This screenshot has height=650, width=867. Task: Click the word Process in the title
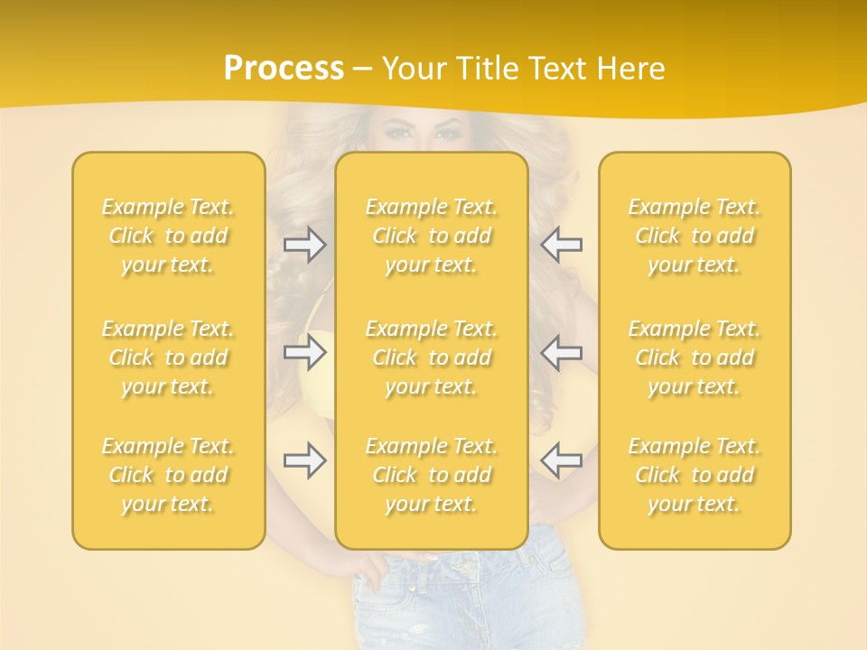[x=284, y=69]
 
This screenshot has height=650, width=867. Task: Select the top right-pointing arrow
[x=305, y=244]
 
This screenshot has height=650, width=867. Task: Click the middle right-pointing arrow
[x=305, y=352]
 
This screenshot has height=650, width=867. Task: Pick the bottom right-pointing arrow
[x=305, y=460]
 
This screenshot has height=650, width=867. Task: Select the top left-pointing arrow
[x=561, y=244]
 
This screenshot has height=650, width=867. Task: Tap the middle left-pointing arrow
[x=561, y=352]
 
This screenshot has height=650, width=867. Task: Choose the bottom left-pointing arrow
[x=561, y=460]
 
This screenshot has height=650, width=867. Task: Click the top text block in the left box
[x=168, y=236]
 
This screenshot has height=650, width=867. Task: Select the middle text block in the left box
[x=168, y=357]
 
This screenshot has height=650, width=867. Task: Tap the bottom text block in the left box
[x=168, y=475]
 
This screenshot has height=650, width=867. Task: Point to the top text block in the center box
[x=431, y=236]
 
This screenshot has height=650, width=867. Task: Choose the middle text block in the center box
[x=431, y=357]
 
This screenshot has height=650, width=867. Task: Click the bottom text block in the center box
[x=431, y=475]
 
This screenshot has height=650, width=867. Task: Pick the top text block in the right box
[x=694, y=236]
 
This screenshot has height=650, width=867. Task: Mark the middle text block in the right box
[x=694, y=357]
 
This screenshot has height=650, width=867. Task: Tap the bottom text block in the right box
[x=694, y=475]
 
